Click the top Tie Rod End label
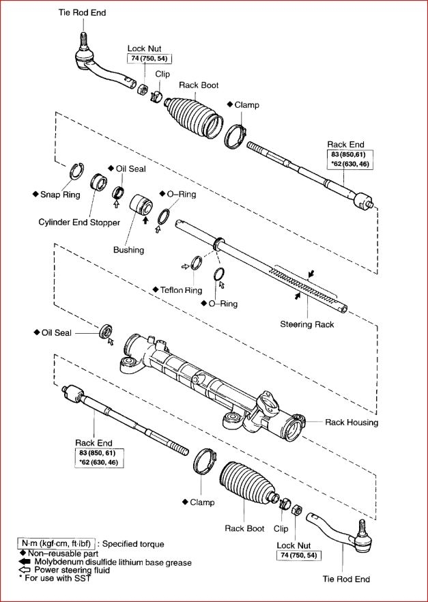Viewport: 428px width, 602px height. [x=83, y=12]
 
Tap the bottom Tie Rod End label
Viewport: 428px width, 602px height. [x=346, y=579]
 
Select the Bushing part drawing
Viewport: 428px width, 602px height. [x=143, y=204]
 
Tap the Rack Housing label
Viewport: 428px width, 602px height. [x=351, y=422]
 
